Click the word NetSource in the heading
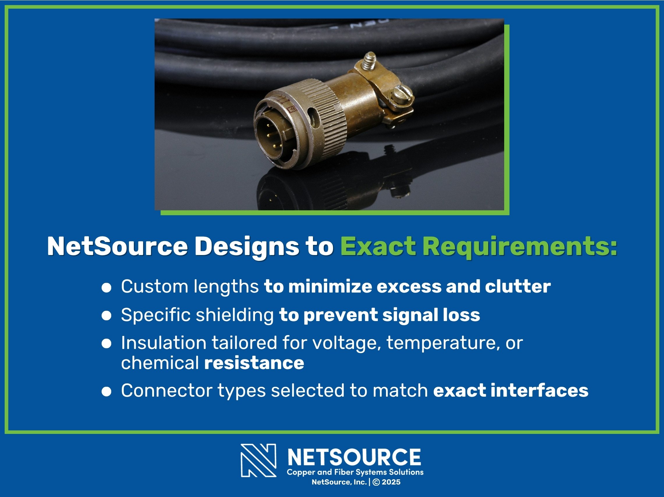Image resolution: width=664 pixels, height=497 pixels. pos(117,247)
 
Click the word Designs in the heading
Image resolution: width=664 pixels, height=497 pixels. pos(247,247)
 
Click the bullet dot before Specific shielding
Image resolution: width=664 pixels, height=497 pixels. pos(106,316)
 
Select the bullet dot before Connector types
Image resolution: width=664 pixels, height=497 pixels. pos(106,391)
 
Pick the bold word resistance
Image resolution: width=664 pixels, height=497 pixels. pos(254,363)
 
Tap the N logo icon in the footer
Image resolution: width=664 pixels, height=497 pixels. pos(258,460)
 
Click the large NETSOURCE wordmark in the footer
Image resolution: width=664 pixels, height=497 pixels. pos(354,457)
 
